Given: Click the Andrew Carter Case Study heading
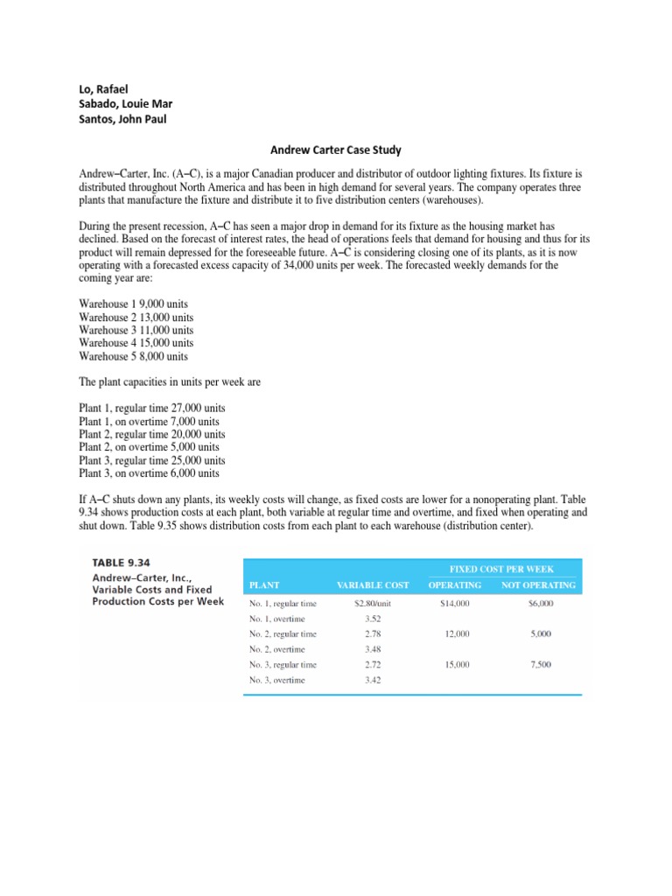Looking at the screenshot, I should [335, 150].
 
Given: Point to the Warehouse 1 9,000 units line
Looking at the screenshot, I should [132, 304].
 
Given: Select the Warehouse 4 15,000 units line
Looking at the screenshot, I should [136, 343].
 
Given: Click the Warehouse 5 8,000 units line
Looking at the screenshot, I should [132, 356].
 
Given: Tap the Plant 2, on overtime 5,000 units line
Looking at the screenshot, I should [149, 447].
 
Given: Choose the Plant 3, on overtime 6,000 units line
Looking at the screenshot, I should [149, 473].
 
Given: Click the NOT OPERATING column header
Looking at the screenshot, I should [538, 585].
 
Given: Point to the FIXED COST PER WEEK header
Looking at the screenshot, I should [501, 569].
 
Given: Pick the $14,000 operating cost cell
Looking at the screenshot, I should [456, 604].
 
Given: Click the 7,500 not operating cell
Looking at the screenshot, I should [540, 665].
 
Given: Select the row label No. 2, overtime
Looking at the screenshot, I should [277, 649].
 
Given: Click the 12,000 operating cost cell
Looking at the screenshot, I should [456, 633].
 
